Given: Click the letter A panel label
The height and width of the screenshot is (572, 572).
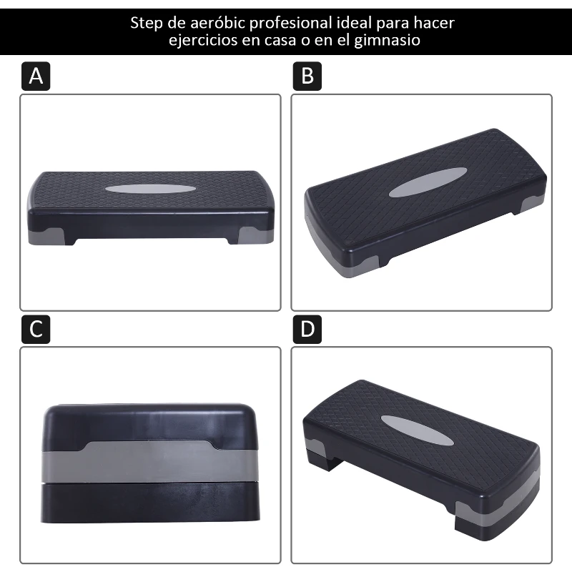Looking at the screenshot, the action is (36, 77).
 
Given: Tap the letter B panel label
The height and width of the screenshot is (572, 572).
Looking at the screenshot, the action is (307, 77).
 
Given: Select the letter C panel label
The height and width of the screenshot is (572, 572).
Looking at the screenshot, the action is (36, 330).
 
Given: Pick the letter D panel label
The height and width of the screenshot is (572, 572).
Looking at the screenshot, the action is (307, 330).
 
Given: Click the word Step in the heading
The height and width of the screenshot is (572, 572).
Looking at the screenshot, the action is (147, 24).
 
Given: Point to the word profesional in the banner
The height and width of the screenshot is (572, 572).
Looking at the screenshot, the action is (290, 24).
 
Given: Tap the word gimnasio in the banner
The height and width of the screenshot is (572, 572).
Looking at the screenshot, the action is (387, 40).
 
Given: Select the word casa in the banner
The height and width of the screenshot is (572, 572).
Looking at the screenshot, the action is (280, 40).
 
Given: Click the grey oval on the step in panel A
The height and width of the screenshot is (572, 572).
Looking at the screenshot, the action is (150, 189).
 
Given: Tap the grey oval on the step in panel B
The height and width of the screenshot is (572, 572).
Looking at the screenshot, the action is (428, 182).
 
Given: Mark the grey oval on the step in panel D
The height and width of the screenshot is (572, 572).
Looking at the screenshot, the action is (418, 430).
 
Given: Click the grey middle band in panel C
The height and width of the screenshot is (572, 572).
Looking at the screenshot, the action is (149, 461).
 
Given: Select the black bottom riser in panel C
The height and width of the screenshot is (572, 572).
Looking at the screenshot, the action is (150, 502).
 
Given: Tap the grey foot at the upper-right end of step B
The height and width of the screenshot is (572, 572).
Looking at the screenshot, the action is (532, 204).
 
